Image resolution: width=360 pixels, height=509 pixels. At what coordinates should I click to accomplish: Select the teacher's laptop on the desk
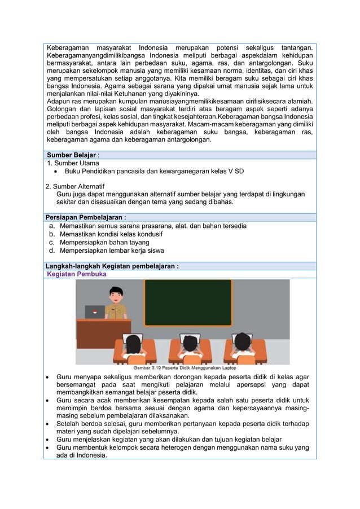click(x=95, y=312)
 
